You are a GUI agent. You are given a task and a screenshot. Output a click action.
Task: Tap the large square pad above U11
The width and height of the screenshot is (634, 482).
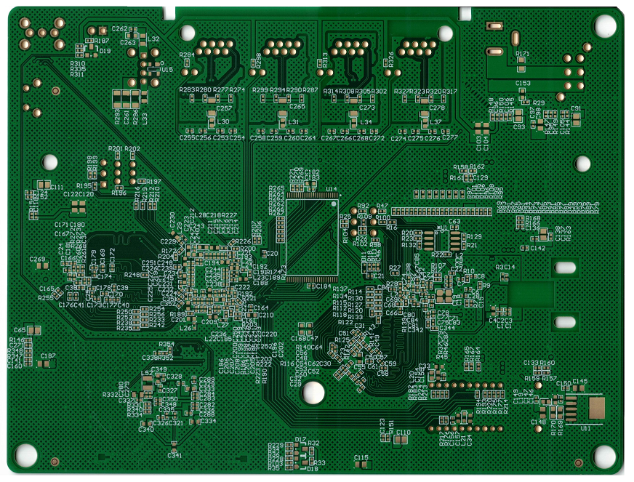pyautogui.click(x=596, y=408)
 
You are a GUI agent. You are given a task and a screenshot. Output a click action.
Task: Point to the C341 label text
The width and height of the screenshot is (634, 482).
pyautogui.click(x=174, y=456)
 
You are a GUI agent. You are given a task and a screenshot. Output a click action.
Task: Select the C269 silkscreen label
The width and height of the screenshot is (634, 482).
pyautogui.click(x=37, y=260)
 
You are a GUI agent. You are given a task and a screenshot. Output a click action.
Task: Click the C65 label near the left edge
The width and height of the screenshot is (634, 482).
pyautogui.click(x=20, y=330)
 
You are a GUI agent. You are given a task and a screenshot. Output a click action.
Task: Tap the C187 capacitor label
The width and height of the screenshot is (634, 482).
pyautogui.click(x=48, y=356)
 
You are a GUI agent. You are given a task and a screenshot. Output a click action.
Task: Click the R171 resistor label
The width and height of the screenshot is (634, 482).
pyautogui.click(x=522, y=55)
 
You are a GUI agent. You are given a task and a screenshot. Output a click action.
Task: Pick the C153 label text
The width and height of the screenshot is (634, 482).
pyautogui.click(x=523, y=84)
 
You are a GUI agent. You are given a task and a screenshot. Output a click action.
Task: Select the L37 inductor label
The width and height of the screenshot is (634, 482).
pyautogui.click(x=436, y=121)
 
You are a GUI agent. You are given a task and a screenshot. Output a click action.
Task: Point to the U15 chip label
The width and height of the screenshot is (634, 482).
pyautogui.click(x=167, y=70)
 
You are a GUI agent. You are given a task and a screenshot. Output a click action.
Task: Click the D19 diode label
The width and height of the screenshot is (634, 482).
pyautogui.click(x=105, y=51)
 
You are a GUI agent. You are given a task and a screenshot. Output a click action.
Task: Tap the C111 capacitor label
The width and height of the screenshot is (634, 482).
pyautogui.click(x=56, y=188)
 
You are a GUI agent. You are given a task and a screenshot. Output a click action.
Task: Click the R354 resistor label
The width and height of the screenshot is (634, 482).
pyautogui.click(x=166, y=344)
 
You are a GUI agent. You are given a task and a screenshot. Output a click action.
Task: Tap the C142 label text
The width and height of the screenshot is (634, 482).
pyautogui.click(x=537, y=249)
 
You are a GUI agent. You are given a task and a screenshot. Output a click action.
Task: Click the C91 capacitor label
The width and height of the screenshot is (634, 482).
pyautogui.click(x=576, y=108)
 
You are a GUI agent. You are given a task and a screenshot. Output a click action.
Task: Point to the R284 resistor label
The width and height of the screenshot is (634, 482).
pyautogui.click(x=187, y=55)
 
